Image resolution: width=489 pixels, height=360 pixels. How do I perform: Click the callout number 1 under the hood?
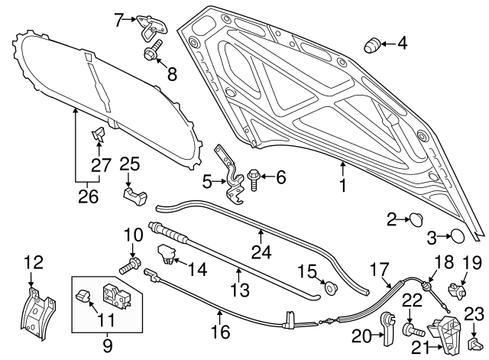coord(343,185)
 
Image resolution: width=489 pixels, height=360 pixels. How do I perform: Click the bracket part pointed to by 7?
coord(147,25)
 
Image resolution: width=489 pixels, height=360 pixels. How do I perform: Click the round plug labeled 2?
coord(416,220)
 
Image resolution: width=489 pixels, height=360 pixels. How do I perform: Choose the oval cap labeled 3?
coord(455,236)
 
